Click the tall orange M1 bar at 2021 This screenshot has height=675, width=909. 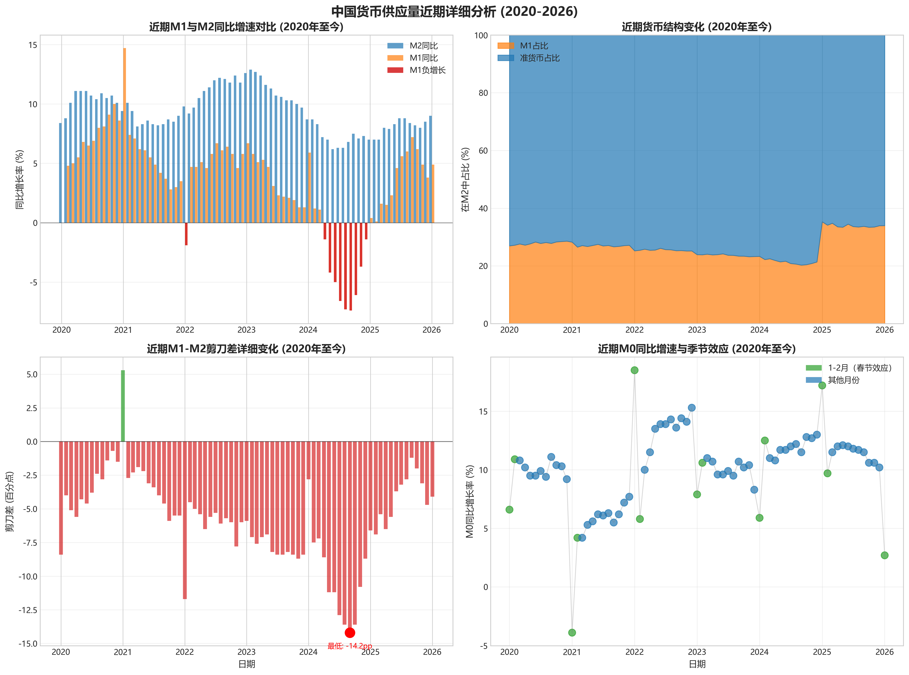(x=124, y=135)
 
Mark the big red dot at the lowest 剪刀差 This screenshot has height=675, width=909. (x=350, y=632)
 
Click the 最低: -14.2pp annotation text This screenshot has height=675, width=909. (x=350, y=646)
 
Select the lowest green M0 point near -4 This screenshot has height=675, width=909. (x=572, y=632)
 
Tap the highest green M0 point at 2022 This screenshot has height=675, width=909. (x=634, y=370)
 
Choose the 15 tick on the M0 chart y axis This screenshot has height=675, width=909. (x=483, y=411)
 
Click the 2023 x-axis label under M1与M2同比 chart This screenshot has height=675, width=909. (x=247, y=330)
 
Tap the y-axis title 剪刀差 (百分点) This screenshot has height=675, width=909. (x=10, y=501)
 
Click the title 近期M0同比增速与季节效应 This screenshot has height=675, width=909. (x=697, y=348)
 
